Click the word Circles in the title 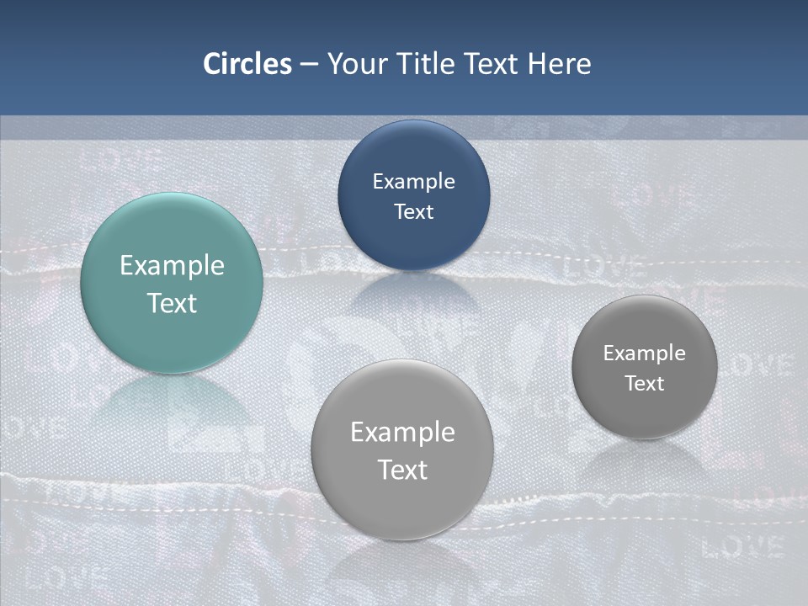coord(247,64)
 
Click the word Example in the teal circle coord(172,266)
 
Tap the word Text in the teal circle coord(172,303)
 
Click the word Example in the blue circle coord(413,182)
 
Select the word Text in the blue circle coord(413,211)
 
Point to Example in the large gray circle coord(402,433)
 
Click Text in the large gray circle coord(402,470)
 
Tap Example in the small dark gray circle coord(644,353)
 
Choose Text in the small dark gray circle coord(644,383)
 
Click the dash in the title coord(309,65)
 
